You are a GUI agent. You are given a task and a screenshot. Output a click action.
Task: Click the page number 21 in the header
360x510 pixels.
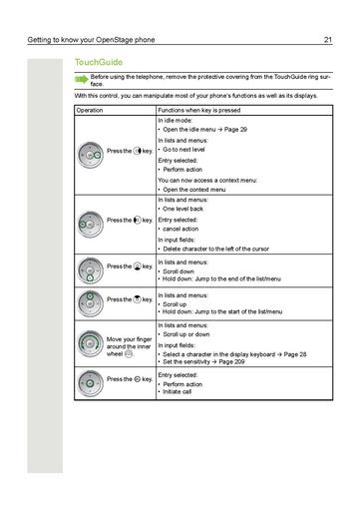(327, 40)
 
